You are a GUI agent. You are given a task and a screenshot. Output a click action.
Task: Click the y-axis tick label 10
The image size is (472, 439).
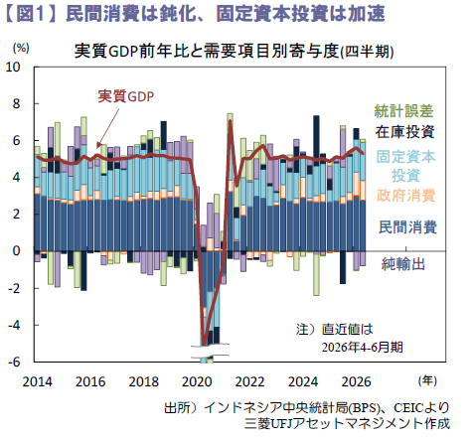[13, 67]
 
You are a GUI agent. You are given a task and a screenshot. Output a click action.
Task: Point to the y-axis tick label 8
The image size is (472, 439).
[17, 104]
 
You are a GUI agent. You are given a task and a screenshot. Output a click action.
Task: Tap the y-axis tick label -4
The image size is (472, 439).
[14, 325]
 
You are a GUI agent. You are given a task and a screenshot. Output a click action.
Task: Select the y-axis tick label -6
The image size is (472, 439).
[14, 362]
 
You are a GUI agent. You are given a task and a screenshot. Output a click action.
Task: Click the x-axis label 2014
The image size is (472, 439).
[37, 381]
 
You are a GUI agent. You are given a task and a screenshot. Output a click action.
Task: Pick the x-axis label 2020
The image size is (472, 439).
[197, 381]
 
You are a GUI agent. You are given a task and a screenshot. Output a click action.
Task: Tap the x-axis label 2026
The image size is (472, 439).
[356, 381]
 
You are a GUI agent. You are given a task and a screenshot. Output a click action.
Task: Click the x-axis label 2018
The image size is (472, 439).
[143, 381]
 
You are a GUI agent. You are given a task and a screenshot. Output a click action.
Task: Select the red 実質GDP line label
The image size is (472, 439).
[126, 96]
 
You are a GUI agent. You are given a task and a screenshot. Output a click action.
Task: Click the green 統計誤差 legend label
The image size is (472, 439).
[403, 111]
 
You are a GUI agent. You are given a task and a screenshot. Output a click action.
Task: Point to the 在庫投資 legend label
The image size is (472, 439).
[404, 132]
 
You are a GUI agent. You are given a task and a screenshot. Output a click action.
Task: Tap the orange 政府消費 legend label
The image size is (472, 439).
[405, 196]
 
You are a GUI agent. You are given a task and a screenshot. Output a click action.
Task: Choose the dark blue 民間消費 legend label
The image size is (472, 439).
[407, 227]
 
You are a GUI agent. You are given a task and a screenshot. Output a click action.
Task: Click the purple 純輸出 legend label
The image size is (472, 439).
[403, 264]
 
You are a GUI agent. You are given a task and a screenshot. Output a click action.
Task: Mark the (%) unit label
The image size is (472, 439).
[21, 48]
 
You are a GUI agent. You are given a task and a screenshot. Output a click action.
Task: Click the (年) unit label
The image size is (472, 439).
[427, 380]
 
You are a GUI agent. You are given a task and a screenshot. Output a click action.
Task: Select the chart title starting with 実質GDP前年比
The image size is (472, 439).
[234, 52]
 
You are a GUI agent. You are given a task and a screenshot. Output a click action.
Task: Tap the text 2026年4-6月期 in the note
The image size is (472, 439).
[363, 348]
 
